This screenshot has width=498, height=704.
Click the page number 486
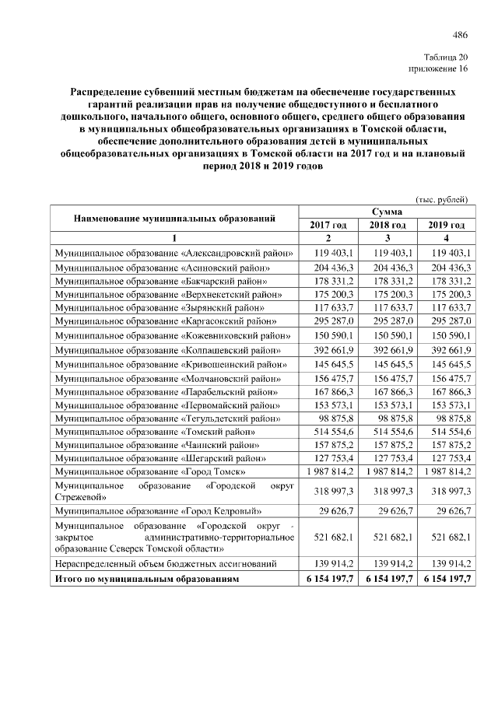pos(460,34)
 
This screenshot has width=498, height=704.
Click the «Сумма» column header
pos(387,212)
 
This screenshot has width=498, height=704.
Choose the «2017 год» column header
pos(328,225)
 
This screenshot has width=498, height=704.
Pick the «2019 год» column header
pos(446,225)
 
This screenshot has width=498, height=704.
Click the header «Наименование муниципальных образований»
pos(175,218)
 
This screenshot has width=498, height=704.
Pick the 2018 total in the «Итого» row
pos(387,580)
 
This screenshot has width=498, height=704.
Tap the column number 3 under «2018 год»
pos(387,238)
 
